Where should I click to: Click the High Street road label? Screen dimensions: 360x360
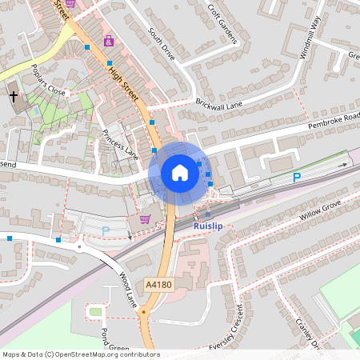(x=124, y=82)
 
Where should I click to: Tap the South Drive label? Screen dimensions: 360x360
(x=161, y=42)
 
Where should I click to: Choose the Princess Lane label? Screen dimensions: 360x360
(x=120, y=142)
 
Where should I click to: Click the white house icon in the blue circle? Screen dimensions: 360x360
(x=180, y=173)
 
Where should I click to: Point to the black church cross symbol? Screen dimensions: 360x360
(x=14, y=97)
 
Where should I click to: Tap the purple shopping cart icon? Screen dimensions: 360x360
(x=145, y=218)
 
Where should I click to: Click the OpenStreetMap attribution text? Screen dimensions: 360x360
(x=81, y=354)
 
